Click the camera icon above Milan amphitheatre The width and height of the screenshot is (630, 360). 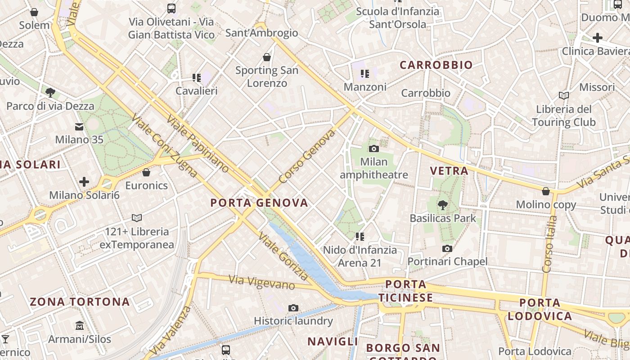pos(373,148)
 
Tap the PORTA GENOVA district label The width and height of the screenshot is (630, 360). pos(259,203)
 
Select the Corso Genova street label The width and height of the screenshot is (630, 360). pos(307,157)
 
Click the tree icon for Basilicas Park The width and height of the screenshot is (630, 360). pos(443,205)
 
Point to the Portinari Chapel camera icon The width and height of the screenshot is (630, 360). pos(447,248)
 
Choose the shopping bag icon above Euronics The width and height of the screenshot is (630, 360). pos(146,172)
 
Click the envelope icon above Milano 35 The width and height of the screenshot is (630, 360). pos(79,127)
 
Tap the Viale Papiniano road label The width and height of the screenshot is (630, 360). pos(198,144)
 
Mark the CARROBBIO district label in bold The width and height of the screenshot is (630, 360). pos(436,65)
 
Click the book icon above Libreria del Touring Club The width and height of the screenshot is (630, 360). pos(563,95)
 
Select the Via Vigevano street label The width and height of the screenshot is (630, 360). pos(262,282)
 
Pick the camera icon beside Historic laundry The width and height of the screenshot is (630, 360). pos(293,308)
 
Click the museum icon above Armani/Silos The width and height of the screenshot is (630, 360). pos(80,325)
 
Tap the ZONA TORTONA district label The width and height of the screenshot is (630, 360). pos(80,301)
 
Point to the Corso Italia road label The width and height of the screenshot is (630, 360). pos(550,244)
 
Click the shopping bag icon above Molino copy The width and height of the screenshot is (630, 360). pos(546,192)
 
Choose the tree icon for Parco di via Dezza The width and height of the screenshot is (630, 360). pos(50,93)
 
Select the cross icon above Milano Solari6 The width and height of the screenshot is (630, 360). pos(84,182)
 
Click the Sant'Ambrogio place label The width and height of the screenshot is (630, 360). pos(261,33)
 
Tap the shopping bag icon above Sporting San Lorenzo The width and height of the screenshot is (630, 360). pos(267,57)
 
